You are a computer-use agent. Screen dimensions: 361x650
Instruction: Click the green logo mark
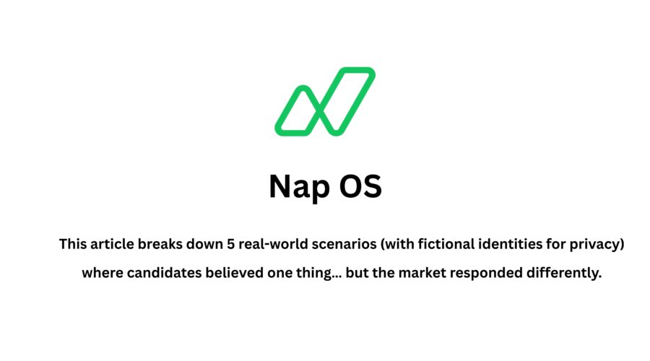point(325,101)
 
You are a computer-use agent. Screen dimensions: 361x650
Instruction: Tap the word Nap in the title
point(297,186)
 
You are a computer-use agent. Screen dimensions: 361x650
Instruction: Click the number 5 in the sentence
point(230,244)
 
